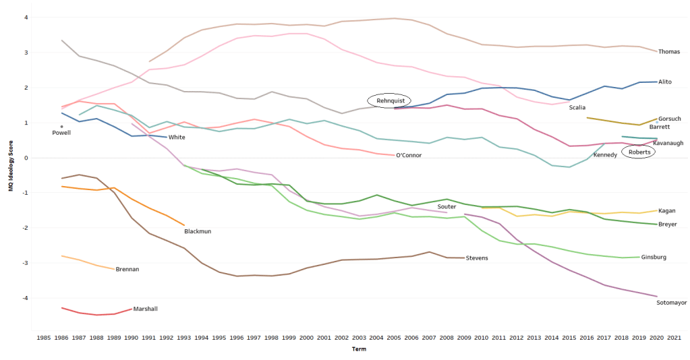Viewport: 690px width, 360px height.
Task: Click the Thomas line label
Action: [669, 51]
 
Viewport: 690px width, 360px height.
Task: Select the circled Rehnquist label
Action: [390, 100]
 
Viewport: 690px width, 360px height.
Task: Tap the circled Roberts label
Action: [639, 152]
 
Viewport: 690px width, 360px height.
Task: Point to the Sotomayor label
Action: [670, 303]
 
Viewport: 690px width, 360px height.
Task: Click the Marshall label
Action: [146, 309]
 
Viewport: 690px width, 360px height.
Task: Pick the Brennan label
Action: [127, 270]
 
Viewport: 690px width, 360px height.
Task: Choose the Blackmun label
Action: [198, 231]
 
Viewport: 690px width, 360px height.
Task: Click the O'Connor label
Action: [409, 156]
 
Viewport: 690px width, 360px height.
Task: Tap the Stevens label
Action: [476, 258]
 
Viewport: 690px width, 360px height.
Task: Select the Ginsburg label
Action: [654, 258]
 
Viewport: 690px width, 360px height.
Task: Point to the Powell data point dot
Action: [61, 126]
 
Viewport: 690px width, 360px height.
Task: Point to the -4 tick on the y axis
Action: [26, 298]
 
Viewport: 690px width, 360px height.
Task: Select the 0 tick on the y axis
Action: [26, 158]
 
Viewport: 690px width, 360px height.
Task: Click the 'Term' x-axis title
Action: [359, 349]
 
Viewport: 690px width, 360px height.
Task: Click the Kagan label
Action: [666, 211]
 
